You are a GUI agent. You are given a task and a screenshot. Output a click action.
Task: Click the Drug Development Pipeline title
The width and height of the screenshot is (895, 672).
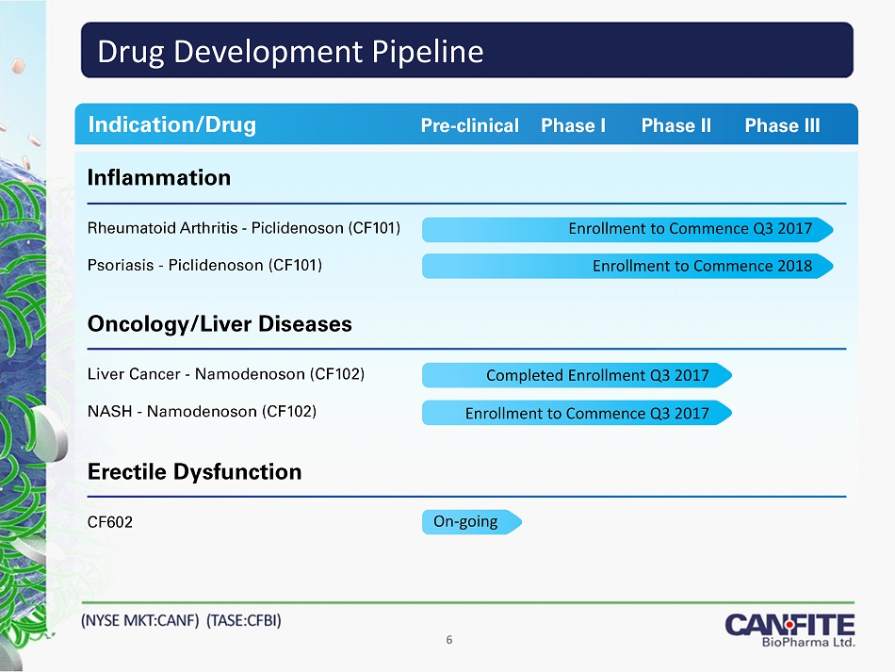tap(290, 52)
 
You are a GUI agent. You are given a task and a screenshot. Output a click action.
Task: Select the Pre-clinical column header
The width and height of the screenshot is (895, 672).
tap(470, 125)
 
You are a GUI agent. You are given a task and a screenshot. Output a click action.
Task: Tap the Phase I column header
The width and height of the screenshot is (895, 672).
tap(573, 125)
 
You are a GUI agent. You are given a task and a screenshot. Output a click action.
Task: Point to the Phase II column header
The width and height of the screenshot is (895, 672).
tap(676, 125)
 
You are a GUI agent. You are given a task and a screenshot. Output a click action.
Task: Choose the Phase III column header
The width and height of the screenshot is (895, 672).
tap(782, 125)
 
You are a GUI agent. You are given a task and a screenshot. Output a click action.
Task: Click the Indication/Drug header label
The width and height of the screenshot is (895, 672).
tap(171, 124)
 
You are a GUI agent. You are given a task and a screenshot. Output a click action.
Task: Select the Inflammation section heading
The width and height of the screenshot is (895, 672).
tap(158, 177)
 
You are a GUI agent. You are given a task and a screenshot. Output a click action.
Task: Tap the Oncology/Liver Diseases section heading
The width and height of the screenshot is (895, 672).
tap(220, 323)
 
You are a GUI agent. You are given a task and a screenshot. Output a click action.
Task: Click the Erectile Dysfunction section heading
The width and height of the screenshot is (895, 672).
tap(194, 471)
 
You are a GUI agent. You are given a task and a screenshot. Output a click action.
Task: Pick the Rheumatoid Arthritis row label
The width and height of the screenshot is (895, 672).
tap(244, 228)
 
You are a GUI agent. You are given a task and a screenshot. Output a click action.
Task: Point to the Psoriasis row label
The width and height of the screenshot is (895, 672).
tap(204, 266)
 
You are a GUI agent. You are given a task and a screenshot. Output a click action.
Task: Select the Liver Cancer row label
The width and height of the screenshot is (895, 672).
tap(225, 374)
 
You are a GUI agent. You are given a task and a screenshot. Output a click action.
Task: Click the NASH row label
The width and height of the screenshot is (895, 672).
tap(202, 411)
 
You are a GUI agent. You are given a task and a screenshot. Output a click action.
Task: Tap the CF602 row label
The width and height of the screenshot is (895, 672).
tap(109, 522)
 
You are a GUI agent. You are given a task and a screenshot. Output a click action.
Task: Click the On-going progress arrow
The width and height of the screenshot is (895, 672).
tap(472, 522)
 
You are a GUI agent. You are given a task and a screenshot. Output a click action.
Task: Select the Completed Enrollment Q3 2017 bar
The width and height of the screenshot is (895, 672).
tap(578, 375)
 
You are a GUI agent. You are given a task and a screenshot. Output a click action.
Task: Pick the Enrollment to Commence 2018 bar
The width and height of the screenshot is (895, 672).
tap(627, 266)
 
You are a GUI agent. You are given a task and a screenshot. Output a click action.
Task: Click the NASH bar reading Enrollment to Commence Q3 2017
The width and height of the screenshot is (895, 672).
tap(578, 413)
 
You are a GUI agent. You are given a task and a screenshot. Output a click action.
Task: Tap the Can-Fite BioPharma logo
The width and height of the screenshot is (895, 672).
tap(790, 630)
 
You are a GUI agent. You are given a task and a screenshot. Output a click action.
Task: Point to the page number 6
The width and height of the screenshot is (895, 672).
tap(449, 640)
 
